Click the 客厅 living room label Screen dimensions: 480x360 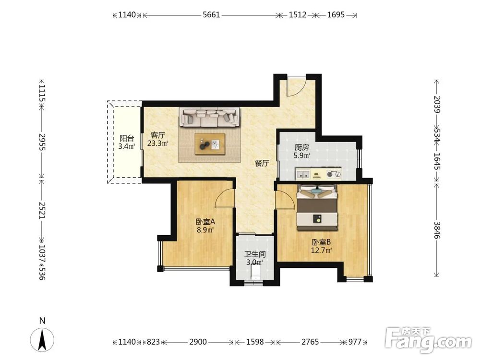click(x=158, y=135)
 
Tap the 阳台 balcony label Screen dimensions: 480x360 click(x=127, y=138)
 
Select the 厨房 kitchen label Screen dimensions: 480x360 click(x=301, y=147)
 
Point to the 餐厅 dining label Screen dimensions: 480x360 click(x=262, y=163)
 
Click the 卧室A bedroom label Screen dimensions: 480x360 click(x=205, y=222)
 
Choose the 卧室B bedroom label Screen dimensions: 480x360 click(x=321, y=242)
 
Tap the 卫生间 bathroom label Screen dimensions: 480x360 click(x=255, y=254)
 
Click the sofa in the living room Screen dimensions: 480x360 click(x=210, y=117)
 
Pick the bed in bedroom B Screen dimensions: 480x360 click(x=317, y=207)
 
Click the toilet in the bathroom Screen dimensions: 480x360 click(x=255, y=272)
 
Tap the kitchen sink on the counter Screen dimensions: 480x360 click(x=302, y=175)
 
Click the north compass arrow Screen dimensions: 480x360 click(x=42, y=339)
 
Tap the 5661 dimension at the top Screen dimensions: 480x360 click(x=212, y=15)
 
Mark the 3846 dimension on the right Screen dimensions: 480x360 click(x=437, y=230)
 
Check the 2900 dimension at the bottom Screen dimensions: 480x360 click(x=198, y=342)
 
